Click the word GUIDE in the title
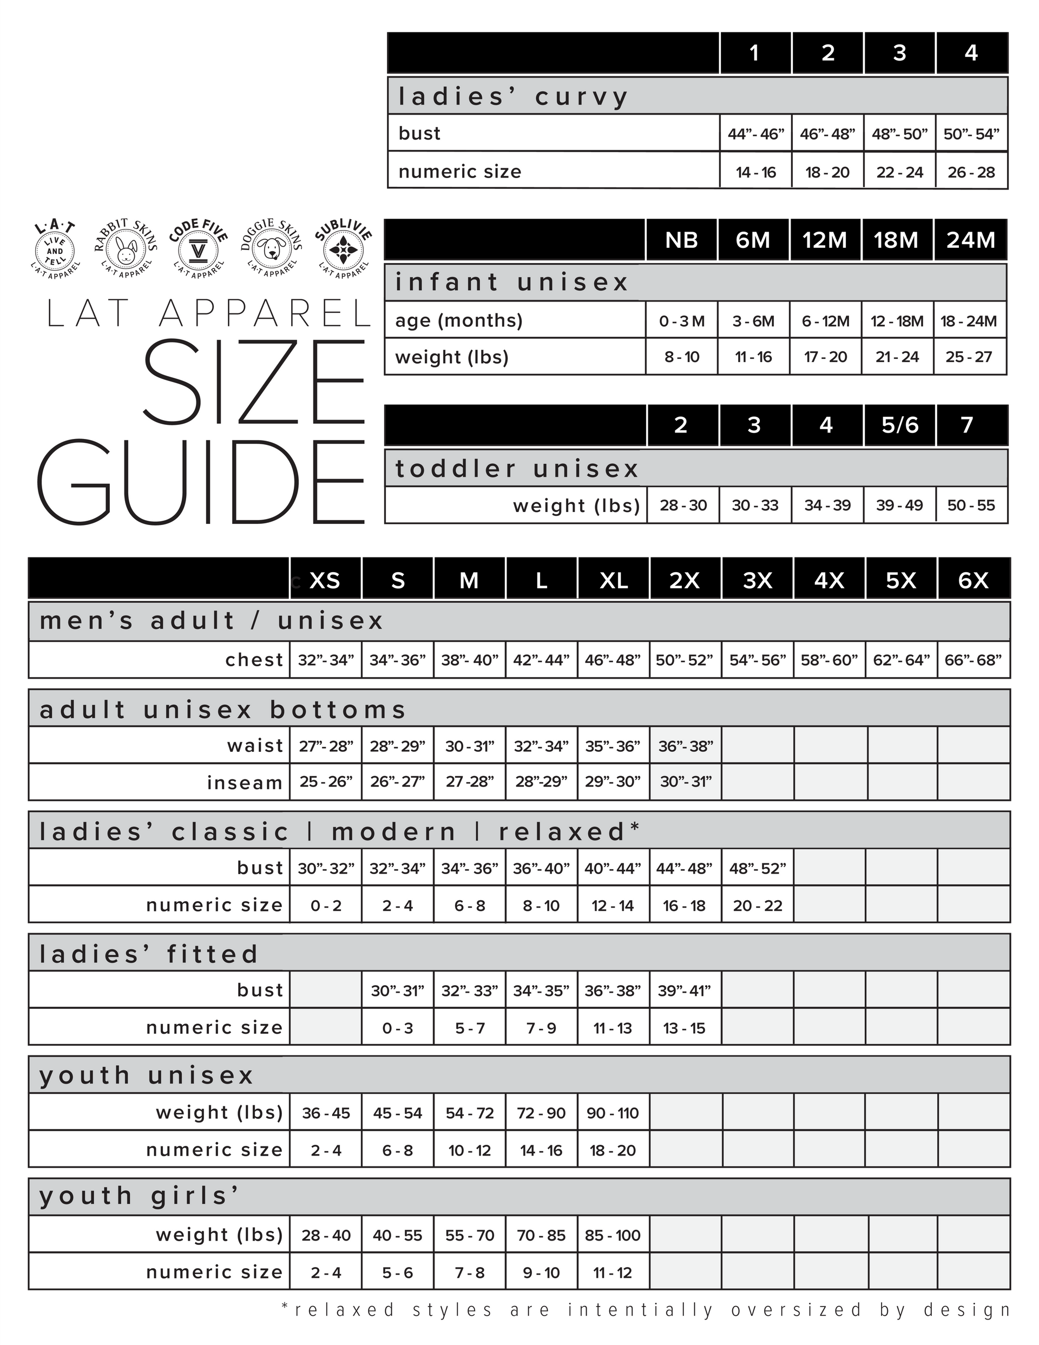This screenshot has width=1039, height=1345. [201, 482]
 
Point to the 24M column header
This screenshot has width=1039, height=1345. [971, 240]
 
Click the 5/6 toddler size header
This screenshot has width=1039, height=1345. [899, 425]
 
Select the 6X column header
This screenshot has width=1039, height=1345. [973, 580]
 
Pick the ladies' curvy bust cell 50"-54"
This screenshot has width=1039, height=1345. [971, 134]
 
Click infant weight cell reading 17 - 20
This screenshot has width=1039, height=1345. [825, 357]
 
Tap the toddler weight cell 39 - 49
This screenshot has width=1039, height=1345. [899, 506]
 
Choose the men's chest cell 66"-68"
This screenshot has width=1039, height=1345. [973, 660]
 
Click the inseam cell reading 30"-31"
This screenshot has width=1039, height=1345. [686, 782]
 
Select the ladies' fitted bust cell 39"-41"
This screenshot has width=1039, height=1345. [684, 991]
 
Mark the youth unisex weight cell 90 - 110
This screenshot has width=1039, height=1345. [613, 1113]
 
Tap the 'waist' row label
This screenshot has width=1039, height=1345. [255, 746]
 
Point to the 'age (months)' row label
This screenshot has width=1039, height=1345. [459, 320]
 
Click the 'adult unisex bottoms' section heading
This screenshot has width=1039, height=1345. [223, 710]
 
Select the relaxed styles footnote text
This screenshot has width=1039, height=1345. [646, 1310]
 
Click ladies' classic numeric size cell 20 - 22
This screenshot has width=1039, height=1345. [757, 906]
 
